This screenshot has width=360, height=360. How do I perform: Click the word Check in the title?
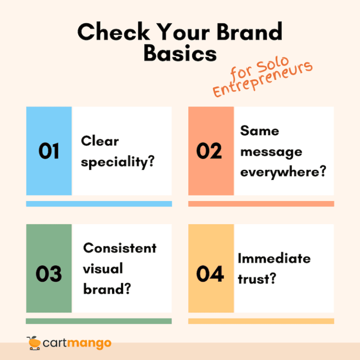pyautogui.click(x=108, y=32)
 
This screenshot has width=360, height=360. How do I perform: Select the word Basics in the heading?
pyautogui.click(x=180, y=53)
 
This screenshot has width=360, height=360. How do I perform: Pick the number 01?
pyautogui.click(x=49, y=151)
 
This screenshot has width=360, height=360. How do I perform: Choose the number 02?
pyautogui.click(x=209, y=151)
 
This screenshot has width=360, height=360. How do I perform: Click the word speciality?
pyautogui.click(x=118, y=162)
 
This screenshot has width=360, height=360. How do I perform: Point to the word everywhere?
pyautogui.click(x=283, y=172)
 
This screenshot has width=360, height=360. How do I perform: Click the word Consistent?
pyautogui.click(x=120, y=248)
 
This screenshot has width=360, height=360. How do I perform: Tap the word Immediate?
pyautogui.click(x=274, y=258)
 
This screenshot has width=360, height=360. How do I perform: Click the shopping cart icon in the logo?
pyautogui.click(x=34, y=343)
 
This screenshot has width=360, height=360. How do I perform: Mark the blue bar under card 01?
pyautogui.click(x=99, y=204)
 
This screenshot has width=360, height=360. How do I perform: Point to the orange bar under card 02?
pyautogui.click(x=261, y=204)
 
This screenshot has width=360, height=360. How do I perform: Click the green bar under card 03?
pyautogui.click(x=99, y=321)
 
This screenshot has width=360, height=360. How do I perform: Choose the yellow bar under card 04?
pyautogui.click(x=261, y=321)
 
